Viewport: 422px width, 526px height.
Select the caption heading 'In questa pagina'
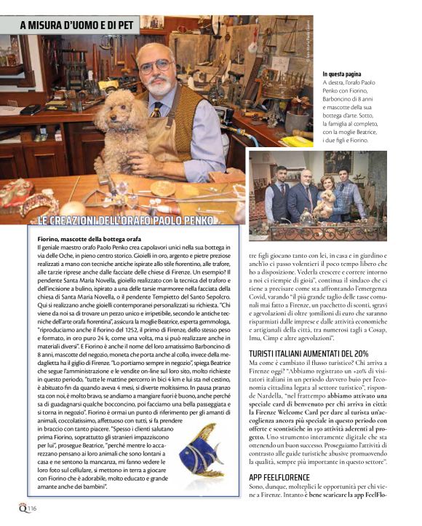coord(347,74)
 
